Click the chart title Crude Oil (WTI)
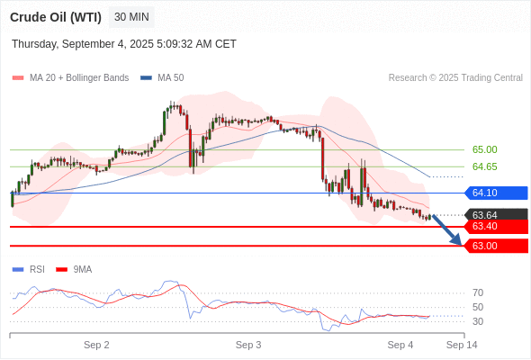[x=56, y=17]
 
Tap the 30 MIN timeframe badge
[x=131, y=17]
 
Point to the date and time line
[x=124, y=44]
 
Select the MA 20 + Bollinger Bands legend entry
[x=70, y=78]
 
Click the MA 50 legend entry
[x=162, y=78]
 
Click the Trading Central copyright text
[x=455, y=78]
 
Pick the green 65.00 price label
[x=484, y=149]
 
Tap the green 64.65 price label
[x=484, y=166]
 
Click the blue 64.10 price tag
[x=496, y=193]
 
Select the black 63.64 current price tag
[x=496, y=215]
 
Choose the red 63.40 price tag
[x=496, y=226]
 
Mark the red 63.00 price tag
[x=496, y=246]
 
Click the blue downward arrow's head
[x=458, y=240]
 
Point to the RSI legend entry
[x=29, y=270]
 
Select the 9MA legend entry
[x=74, y=270]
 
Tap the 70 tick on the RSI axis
[x=478, y=292]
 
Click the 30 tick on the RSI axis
[x=478, y=321]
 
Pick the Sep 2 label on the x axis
[x=96, y=345]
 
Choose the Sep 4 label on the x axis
[x=400, y=345]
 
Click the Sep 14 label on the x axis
[x=462, y=345]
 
